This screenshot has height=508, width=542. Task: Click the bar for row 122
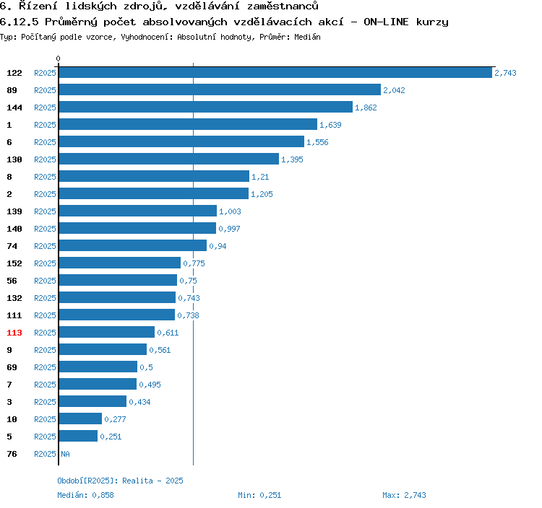(x=275, y=73)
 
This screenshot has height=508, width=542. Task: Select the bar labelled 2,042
(x=220, y=90)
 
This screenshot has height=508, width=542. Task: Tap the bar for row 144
(x=206, y=108)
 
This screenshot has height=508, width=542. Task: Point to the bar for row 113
(x=107, y=333)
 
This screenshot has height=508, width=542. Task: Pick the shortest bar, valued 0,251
(x=78, y=437)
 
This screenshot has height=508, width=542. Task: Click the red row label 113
(x=14, y=333)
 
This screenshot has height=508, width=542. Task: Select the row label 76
(x=12, y=454)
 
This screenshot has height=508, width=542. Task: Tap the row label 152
(x=14, y=263)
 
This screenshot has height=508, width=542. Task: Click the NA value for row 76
(x=65, y=454)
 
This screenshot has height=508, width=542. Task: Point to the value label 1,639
(x=330, y=125)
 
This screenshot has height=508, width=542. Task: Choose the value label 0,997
(x=229, y=229)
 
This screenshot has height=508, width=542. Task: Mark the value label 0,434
(x=139, y=402)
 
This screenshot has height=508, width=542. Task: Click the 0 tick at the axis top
(x=59, y=59)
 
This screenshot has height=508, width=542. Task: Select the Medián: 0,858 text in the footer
(x=85, y=495)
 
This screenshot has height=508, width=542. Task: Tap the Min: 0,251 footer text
(x=259, y=495)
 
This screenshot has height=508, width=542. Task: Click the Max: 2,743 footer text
(x=404, y=495)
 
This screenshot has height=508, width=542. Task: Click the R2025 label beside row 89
(x=45, y=90)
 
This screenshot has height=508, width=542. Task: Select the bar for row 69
(x=98, y=367)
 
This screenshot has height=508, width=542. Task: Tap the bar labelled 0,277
(x=80, y=419)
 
